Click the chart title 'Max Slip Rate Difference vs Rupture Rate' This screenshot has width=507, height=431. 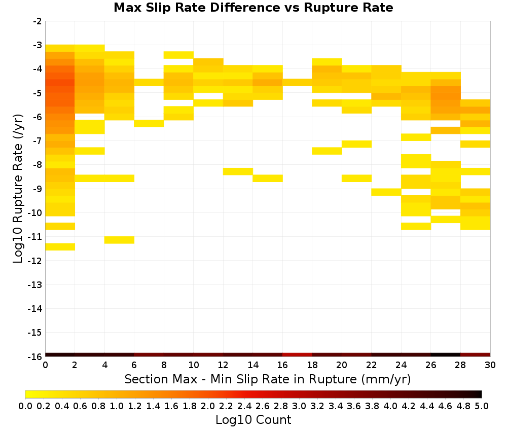click(253, 8)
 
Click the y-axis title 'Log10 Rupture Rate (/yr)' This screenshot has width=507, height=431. click(18, 189)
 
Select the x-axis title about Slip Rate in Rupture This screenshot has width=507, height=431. click(268, 379)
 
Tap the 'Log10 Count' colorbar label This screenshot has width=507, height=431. click(253, 420)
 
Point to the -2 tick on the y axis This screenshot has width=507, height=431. click(38, 21)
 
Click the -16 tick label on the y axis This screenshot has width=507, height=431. click(35, 356)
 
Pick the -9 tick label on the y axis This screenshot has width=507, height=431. click(38, 189)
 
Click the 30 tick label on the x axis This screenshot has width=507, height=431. click(490, 366)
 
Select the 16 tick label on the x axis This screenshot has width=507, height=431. click(282, 366)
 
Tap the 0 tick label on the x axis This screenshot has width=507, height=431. click(45, 366)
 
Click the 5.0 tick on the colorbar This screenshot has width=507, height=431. click(482, 406)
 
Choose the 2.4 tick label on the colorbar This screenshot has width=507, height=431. click(244, 406)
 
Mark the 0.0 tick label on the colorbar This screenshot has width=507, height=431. click(25, 406)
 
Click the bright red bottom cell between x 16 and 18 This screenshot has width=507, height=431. click(298, 355)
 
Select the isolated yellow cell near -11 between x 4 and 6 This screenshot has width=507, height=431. click(119, 240)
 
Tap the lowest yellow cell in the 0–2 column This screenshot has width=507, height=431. click(60, 247)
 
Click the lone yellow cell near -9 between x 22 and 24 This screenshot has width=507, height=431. click(386, 192)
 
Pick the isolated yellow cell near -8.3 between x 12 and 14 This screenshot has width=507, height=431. click(238, 171)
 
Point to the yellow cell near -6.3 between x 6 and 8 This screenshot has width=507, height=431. click(149, 124)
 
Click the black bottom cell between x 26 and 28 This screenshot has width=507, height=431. click(446, 355)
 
